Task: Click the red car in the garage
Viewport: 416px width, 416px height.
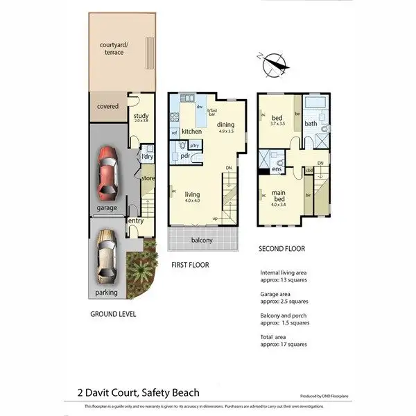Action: (x=107, y=171)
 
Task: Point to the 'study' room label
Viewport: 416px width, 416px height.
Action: (x=141, y=116)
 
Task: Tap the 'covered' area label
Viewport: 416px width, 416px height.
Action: (x=107, y=107)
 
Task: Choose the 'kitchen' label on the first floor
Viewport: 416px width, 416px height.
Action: (x=191, y=132)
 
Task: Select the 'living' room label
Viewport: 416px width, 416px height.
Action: (x=192, y=195)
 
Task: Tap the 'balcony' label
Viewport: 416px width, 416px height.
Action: (x=202, y=241)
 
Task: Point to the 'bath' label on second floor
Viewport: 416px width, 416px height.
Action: (x=311, y=125)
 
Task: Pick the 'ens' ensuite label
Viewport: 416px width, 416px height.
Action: (x=276, y=168)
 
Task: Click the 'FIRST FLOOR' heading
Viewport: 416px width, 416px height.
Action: (x=190, y=265)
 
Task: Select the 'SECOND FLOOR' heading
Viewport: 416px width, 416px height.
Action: (x=281, y=249)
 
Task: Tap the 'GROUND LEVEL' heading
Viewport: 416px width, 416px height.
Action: (x=113, y=314)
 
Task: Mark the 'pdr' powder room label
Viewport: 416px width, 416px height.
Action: (x=185, y=155)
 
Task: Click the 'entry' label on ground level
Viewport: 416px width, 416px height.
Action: (x=135, y=220)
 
